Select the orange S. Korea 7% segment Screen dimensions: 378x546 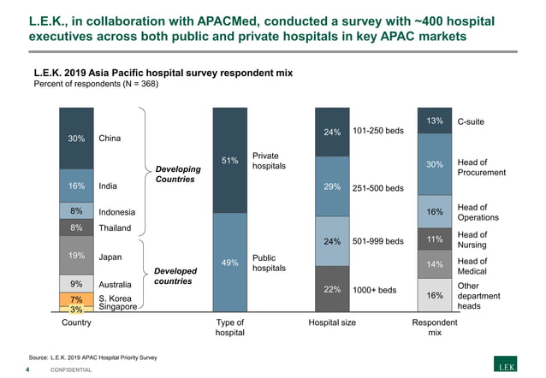[x=75, y=298]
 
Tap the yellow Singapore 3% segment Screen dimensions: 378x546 [x=75, y=309]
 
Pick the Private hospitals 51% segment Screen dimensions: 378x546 [x=229, y=160]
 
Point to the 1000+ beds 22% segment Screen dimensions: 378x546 [x=333, y=290]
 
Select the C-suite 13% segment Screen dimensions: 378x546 [x=434, y=121]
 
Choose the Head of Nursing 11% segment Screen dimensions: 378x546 [x=434, y=239]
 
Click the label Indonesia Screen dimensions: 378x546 [x=117, y=211]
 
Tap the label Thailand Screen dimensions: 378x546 [x=116, y=228]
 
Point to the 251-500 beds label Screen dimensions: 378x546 [x=377, y=189]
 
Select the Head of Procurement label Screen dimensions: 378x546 [x=482, y=168]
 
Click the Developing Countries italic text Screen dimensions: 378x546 [x=177, y=174]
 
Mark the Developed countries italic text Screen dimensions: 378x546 [x=175, y=275]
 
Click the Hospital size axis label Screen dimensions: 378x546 [x=333, y=323]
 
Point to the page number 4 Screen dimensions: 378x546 [x=29, y=369]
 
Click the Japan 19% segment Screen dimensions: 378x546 [x=75, y=255]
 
